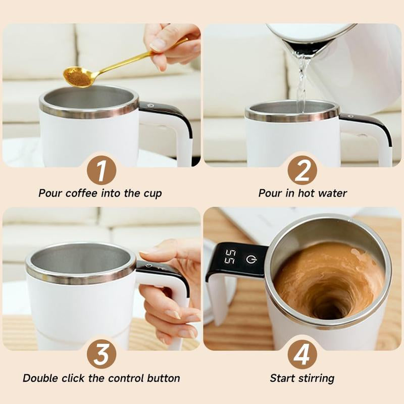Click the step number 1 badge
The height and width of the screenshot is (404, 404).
pos(101,171)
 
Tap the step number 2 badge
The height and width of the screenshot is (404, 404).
pos(302,171)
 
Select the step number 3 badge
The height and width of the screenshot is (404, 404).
pos(101,355)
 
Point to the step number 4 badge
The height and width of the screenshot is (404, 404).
pos(302,355)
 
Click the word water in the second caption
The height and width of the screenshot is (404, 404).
pos(333,193)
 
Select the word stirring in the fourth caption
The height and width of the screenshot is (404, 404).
pos(316,378)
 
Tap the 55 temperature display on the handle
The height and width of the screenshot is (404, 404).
pos(230,257)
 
